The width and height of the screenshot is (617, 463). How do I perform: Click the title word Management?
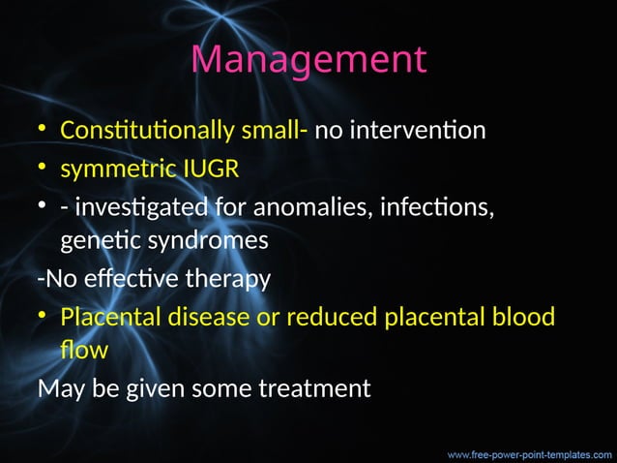point(308,60)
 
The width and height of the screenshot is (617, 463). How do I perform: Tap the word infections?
point(429,208)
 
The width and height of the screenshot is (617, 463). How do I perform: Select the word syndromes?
point(207,241)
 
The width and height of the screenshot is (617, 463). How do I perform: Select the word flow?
point(84,350)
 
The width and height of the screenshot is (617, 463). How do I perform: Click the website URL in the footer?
point(529,452)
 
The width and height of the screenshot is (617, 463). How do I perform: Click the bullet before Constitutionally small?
point(44,131)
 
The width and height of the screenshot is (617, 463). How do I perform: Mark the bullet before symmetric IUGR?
point(44,170)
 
